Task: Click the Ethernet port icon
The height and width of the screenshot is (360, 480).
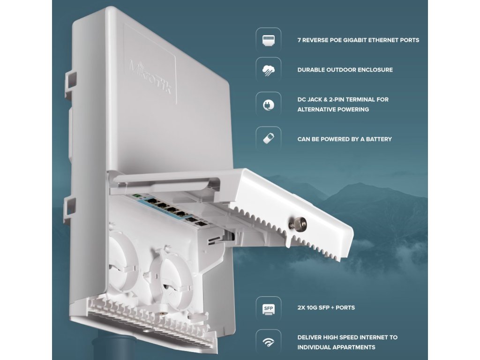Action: pyautogui.click(x=269, y=40)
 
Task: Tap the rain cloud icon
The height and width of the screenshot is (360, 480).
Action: pyautogui.click(x=269, y=70)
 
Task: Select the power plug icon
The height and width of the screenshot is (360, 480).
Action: pyautogui.click(x=269, y=105)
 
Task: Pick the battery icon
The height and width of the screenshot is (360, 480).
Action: pyautogui.click(x=269, y=138)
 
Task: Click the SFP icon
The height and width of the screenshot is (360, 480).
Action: pyautogui.click(x=269, y=309)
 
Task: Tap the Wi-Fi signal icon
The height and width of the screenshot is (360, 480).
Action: pyautogui.click(x=269, y=342)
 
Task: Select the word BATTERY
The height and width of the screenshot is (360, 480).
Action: pyautogui.click(x=379, y=139)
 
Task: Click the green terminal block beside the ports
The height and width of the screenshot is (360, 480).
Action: pyautogui.click(x=136, y=195)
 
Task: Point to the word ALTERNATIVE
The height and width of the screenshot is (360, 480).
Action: pyautogui.click(x=316, y=109)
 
